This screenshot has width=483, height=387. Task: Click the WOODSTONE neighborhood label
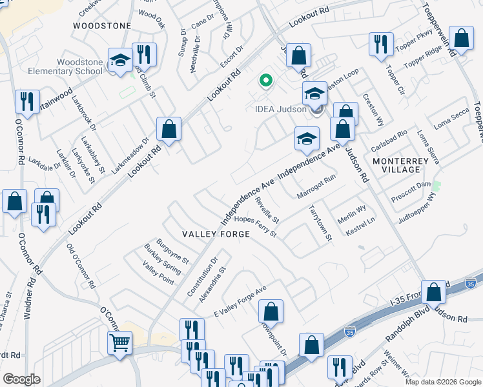pyautogui.click(x=102, y=26)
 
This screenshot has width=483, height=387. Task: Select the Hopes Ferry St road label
pyautogui.click(x=255, y=226)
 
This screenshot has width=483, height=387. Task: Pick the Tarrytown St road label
pyautogui.click(x=320, y=223)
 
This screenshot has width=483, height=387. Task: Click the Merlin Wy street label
pyautogui.click(x=352, y=208)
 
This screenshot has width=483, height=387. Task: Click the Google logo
pyautogui.click(x=21, y=379)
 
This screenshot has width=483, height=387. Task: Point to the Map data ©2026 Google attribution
pyautogui.click(x=442, y=381)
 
